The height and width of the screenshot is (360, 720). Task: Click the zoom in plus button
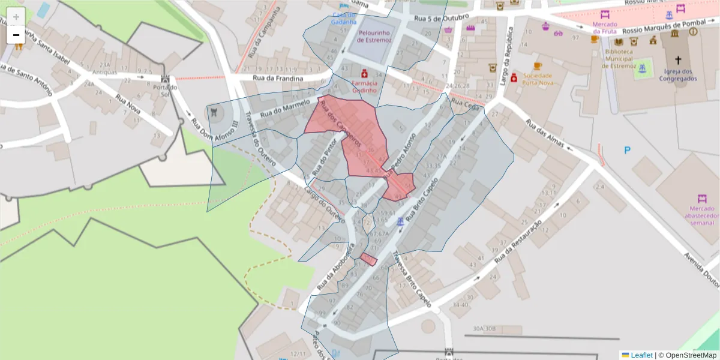[x=16, y=17]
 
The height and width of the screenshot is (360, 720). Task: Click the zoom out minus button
[x=16, y=35]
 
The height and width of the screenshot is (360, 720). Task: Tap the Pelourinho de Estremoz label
[x=374, y=37]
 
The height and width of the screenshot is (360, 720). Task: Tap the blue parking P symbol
[x=628, y=151]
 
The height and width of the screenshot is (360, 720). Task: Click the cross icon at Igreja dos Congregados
[x=678, y=60]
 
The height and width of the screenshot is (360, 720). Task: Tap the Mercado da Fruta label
[x=605, y=28]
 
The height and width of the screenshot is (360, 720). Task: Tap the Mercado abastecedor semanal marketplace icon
[x=702, y=199]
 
